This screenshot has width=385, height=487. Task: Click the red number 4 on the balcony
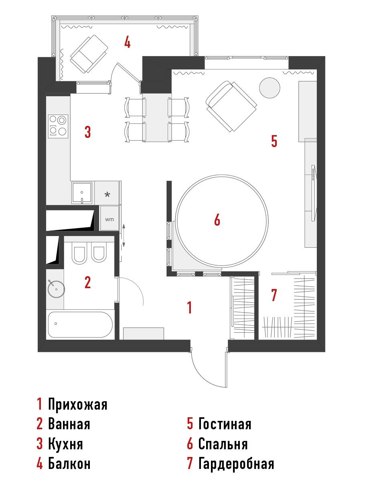pos(128,42)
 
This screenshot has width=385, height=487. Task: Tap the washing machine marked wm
pos(109,218)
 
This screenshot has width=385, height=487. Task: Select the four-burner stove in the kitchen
pos(58,126)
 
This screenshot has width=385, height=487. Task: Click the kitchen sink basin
pos(82,193)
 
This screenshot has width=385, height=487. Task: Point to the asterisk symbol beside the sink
pos(107,194)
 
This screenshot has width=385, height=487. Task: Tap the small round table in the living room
pos(269,88)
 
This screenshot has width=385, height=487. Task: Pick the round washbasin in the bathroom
pos(56,289)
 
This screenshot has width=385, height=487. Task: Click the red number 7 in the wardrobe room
pos(274,295)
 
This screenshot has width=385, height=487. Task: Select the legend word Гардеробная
pos(236,464)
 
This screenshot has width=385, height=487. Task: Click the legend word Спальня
pos(223,444)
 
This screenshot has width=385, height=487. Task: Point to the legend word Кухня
pos(65,444)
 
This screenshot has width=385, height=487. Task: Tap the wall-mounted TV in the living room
pos(314,193)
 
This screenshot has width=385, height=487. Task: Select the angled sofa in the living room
pos(231,106)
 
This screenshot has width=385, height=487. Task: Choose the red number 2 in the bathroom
pos(88,282)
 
